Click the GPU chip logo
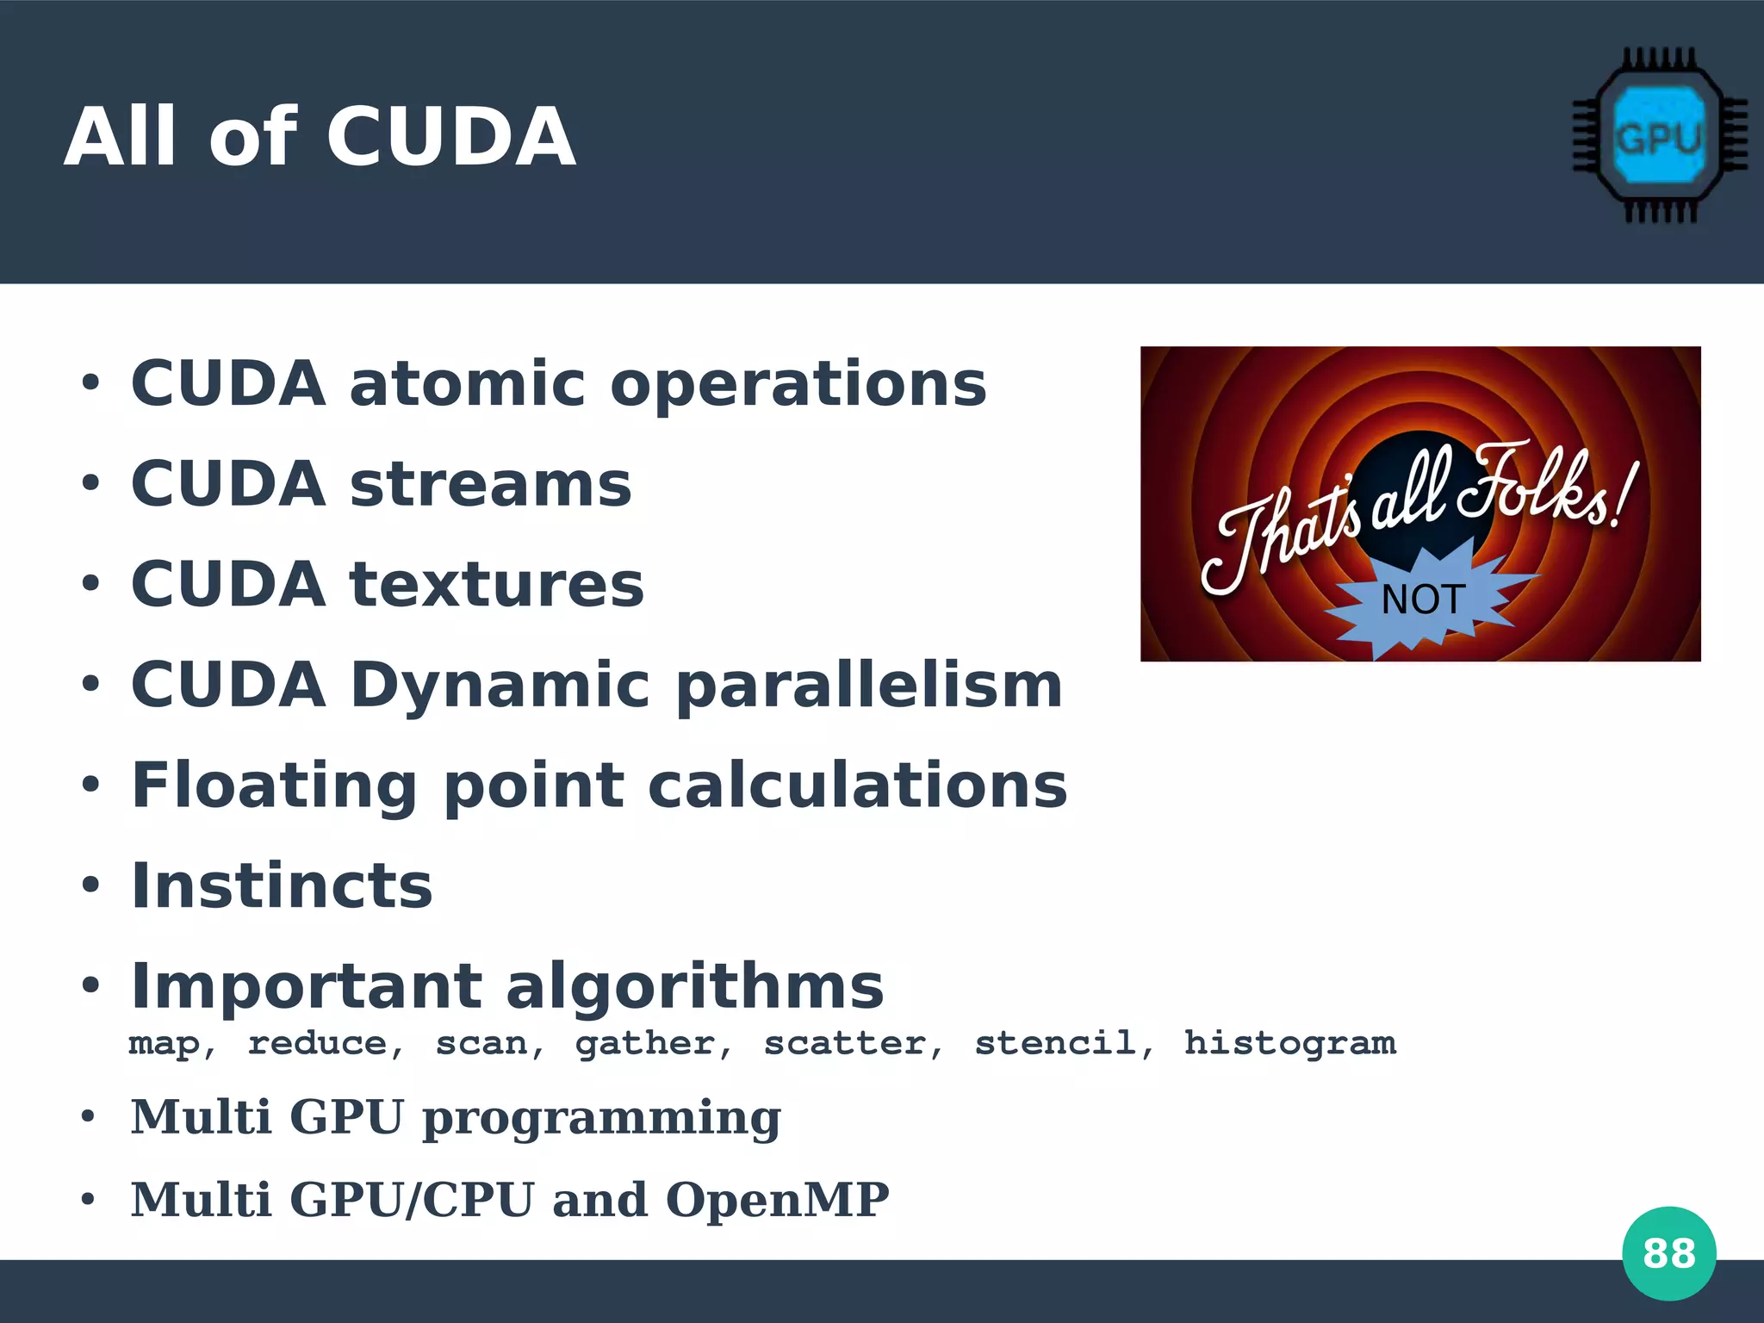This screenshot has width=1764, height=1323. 1660,136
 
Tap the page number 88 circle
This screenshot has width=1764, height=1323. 1668,1253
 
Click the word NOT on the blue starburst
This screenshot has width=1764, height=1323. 1423,599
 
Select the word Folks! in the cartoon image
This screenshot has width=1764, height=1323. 1546,487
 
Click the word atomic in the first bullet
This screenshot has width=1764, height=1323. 467,384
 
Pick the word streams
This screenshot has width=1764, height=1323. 490,484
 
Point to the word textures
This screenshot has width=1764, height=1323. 496,584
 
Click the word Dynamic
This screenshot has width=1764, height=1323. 500,686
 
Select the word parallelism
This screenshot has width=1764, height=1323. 869,686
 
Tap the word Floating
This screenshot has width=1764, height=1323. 275,786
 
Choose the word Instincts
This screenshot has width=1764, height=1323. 282,886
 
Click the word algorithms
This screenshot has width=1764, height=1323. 694,987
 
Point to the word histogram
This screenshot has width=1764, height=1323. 1289,1043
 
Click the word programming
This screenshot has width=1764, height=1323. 601,1119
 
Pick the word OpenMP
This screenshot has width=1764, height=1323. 777,1200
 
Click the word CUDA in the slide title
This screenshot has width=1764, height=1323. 450,138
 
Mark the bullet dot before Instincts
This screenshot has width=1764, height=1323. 90,885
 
